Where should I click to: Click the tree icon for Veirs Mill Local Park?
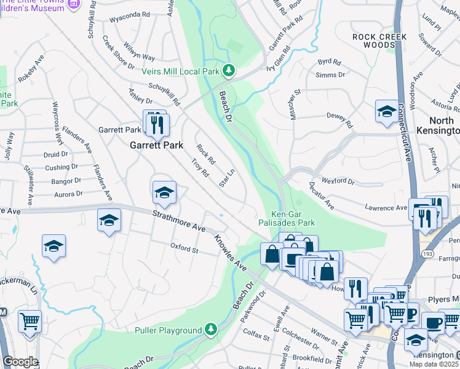click(x=229, y=71)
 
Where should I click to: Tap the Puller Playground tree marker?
click(x=210, y=330)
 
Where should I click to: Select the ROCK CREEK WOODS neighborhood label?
click(x=381, y=42)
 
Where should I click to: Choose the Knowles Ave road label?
click(x=230, y=252)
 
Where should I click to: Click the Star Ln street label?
click(x=228, y=179)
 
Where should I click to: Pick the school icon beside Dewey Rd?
click(x=386, y=111)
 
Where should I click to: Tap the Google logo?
click(x=20, y=362)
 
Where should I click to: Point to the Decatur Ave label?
click(x=321, y=195)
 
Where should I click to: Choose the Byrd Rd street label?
click(x=329, y=62)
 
